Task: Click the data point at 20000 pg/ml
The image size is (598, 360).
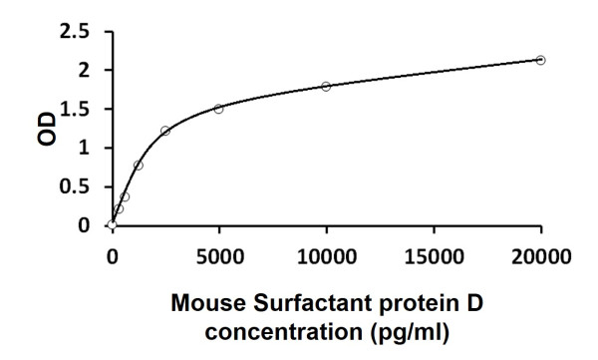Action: (x=540, y=60)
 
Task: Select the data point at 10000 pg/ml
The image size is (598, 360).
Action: (x=326, y=87)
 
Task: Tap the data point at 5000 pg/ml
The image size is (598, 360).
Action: (x=218, y=109)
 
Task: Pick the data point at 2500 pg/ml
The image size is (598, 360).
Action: (x=165, y=131)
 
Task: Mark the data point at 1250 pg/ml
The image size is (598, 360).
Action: (x=139, y=165)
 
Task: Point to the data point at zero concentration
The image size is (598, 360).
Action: (x=112, y=225)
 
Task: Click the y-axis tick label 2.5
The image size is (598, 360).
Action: (x=77, y=32)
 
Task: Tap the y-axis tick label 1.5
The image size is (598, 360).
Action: (x=77, y=110)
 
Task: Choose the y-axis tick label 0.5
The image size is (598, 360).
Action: (x=77, y=187)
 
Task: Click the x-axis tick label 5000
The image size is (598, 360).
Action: (x=219, y=254)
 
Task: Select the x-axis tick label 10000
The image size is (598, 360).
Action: (x=326, y=254)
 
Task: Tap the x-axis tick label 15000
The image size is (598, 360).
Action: (x=434, y=254)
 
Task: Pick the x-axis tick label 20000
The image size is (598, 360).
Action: (x=541, y=254)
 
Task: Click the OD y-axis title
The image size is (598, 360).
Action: (x=47, y=129)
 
